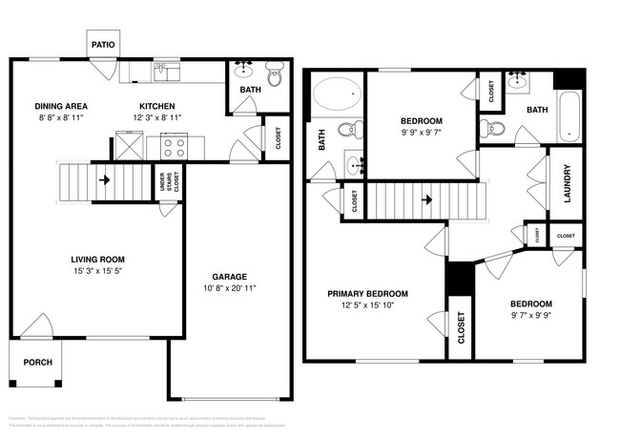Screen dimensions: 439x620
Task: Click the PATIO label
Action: pos(102,45)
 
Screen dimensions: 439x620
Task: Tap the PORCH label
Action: pos(38,362)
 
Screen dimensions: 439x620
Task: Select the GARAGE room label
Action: pos(229,277)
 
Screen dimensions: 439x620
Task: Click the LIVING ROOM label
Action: pos(98,260)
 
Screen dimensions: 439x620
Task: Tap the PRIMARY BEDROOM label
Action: pos(367,294)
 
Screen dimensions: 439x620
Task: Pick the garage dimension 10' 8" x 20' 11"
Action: pos(229,288)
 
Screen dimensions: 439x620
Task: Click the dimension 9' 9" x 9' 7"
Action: pos(420,133)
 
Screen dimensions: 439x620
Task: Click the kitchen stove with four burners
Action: pos(175,146)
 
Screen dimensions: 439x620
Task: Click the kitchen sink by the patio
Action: pos(168,71)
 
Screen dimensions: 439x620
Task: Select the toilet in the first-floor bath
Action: pos(275,72)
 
